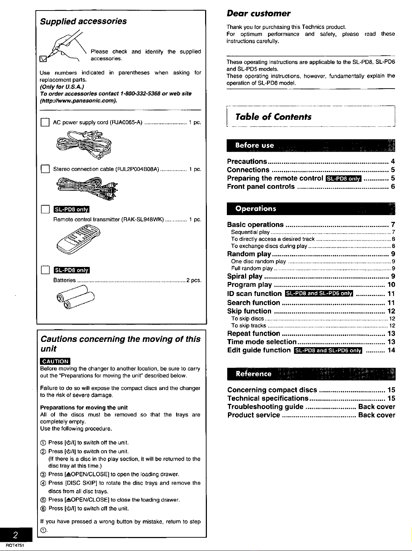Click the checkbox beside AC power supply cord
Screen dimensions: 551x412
45,122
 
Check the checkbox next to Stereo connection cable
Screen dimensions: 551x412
45,169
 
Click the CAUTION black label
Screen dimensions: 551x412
55,361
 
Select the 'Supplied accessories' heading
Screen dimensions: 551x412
83,21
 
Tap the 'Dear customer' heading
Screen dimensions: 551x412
259,14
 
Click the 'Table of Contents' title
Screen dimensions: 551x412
273,117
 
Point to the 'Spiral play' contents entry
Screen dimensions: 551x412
244,276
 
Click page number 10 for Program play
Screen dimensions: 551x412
391,284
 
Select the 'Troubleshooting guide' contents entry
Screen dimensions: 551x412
265,407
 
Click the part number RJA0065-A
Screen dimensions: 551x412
126,123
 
